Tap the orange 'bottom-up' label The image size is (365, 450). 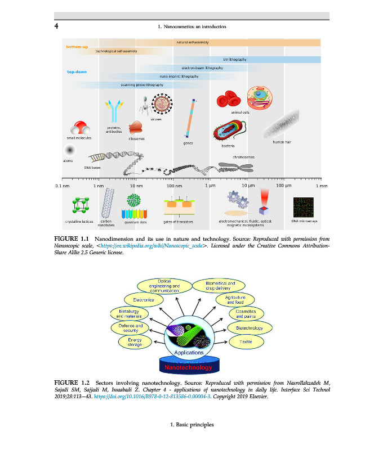[77, 47]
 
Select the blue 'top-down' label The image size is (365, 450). [77, 72]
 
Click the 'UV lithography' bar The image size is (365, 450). [234, 59]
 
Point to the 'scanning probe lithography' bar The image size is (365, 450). [142, 85]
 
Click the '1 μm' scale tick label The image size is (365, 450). [210, 185]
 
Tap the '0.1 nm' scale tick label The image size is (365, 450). [61, 185]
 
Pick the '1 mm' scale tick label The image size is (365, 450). [322, 185]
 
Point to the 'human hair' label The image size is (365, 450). [282, 142]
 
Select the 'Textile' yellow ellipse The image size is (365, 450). [246, 341]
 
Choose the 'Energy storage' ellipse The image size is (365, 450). [134, 341]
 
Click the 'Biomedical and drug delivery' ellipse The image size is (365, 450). [221, 286]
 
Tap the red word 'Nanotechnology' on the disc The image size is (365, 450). [189, 367]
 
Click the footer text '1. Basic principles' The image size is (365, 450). [192, 424]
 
